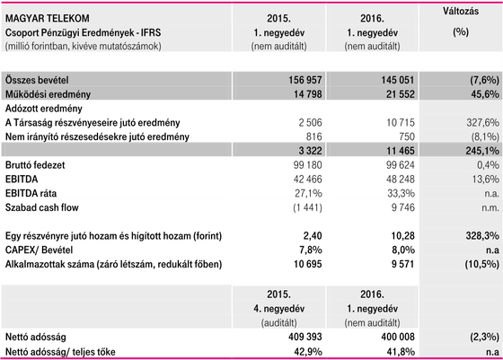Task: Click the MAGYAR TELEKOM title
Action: pyautogui.click(x=47, y=18)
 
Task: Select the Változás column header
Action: pyautogui.click(x=461, y=11)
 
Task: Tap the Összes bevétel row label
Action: pyautogui.click(x=37, y=80)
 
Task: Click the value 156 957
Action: pyautogui.click(x=305, y=80)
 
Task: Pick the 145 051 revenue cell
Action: pyautogui.click(x=398, y=80)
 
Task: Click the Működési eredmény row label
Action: pyautogui.click(x=48, y=94)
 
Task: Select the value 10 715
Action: pyautogui.click(x=401, y=122)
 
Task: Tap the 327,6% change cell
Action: pyautogui.click(x=483, y=122)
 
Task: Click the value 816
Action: pyautogui.click(x=313, y=136)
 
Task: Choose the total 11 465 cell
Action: pyautogui.click(x=401, y=151)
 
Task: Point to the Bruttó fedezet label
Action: pyautogui.click(x=35, y=165)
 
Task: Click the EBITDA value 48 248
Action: pyautogui.click(x=401, y=180)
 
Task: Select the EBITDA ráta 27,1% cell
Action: pyautogui.click(x=308, y=193)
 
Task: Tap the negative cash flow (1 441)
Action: pyautogui.click(x=307, y=207)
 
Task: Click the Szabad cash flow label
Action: pyautogui.click(x=41, y=207)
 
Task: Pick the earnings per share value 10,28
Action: pyautogui.click(x=402, y=236)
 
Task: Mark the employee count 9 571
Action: pyautogui.click(x=402, y=264)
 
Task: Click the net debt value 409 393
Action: pyautogui.click(x=305, y=337)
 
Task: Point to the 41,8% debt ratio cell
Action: pyautogui.click(x=401, y=352)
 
